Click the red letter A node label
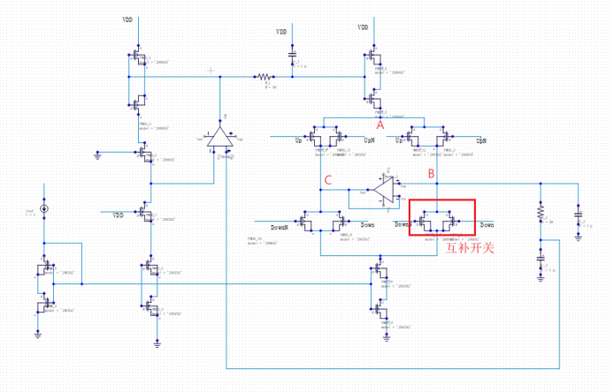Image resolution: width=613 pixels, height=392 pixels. (x=380, y=125)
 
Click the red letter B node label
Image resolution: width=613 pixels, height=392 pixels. (x=431, y=174)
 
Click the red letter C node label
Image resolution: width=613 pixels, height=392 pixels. (x=328, y=181)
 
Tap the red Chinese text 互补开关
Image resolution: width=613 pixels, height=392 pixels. (x=469, y=248)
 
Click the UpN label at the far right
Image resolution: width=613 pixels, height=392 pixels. (x=481, y=140)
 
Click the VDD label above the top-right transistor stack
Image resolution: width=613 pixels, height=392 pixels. (x=363, y=27)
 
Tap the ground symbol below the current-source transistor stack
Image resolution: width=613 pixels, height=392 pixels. (x=39, y=333)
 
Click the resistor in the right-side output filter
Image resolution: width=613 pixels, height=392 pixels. (x=539, y=215)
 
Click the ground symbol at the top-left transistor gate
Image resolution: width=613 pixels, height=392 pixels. (x=98, y=156)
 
